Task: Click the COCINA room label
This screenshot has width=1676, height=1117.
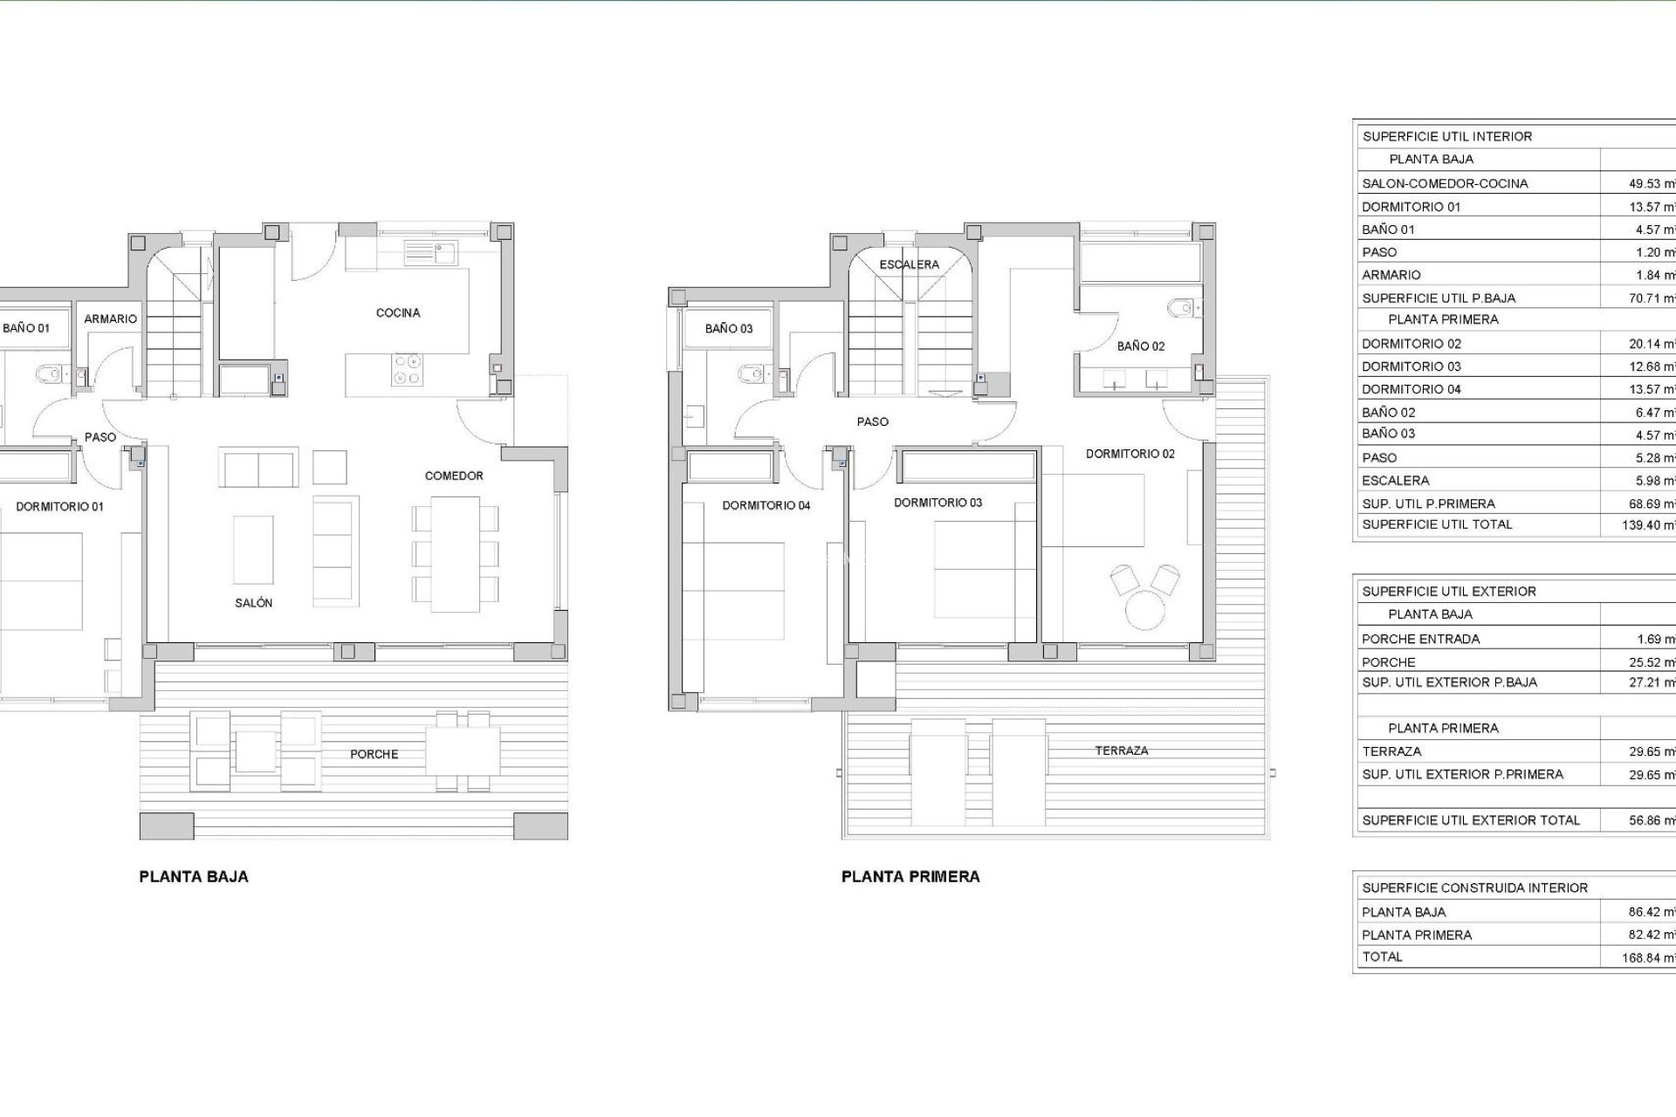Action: point(398,312)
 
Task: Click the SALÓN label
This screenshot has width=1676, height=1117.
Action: point(253,603)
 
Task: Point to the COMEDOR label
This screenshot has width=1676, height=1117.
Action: point(454,476)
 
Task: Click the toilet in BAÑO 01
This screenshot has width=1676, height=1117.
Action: point(49,375)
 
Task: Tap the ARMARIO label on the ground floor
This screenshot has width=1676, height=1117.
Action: point(110,319)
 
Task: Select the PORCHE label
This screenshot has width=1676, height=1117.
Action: point(374,754)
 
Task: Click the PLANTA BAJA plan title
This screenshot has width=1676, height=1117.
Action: point(194,877)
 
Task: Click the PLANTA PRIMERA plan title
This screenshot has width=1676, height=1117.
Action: point(910,877)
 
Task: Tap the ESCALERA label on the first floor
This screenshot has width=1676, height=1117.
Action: point(909,264)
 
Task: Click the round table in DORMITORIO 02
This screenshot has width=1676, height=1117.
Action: point(1146,608)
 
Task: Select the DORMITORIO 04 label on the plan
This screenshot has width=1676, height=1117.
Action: point(766,505)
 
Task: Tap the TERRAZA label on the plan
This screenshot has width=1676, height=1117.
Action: point(1122,750)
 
